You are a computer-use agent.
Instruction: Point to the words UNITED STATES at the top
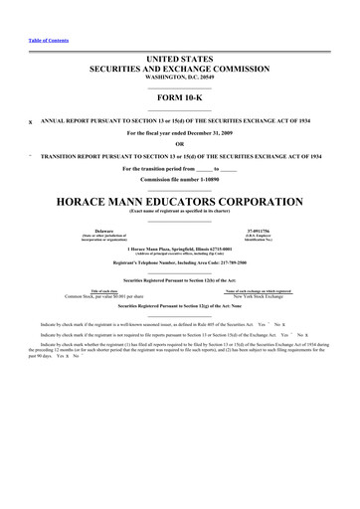(x=179, y=61)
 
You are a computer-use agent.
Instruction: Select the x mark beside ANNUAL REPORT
(x=32, y=122)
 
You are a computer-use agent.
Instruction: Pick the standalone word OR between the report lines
(x=179, y=144)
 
